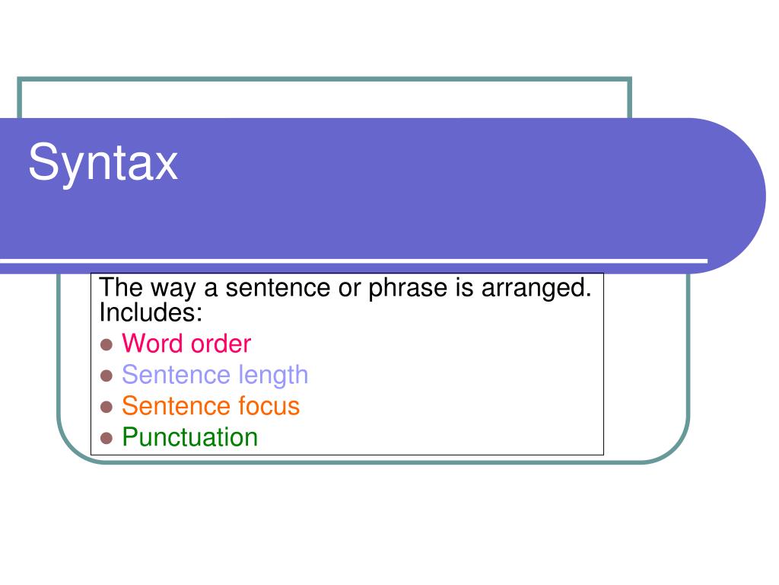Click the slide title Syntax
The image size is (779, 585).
[x=103, y=163]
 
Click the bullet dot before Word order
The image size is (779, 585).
[x=107, y=344]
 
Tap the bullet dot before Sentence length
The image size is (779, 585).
[x=107, y=376]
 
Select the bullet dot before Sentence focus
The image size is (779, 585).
[x=107, y=407]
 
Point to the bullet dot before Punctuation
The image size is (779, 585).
[x=107, y=438]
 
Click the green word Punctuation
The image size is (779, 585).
[x=189, y=438]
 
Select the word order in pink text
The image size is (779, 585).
[x=221, y=344]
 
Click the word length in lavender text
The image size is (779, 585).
[x=273, y=376]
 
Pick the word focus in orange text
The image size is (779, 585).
[x=269, y=407]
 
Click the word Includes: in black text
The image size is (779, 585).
[x=151, y=312]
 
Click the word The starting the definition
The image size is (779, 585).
[x=118, y=289]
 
